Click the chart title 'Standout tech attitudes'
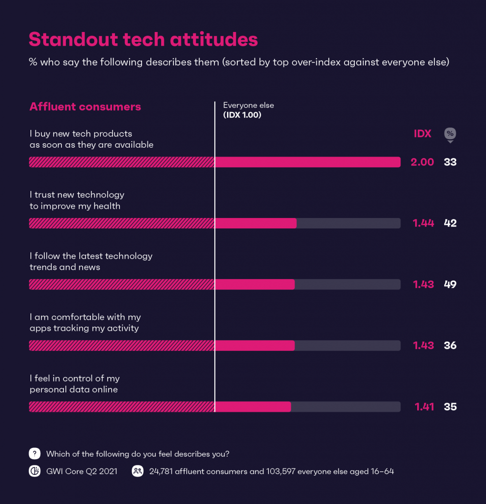pos(143,39)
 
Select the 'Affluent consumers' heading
pos(85,107)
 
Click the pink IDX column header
pos(422,134)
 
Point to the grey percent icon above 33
pos(450,134)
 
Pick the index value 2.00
pos(422,162)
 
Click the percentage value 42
pos(450,223)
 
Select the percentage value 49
pos(450,284)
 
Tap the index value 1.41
pos(424,407)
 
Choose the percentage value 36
pos(450,346)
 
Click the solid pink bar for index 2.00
pos(308,162)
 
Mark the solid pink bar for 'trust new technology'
pos(256,223)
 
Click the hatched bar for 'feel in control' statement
pos(122,407)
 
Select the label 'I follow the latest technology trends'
pos(91,261)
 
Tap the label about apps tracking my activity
pos(85,322)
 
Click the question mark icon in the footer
pos(34,454)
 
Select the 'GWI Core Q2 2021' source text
pos(82,472)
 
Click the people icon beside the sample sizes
pos(137,472)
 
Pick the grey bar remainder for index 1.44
pos(348,223)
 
